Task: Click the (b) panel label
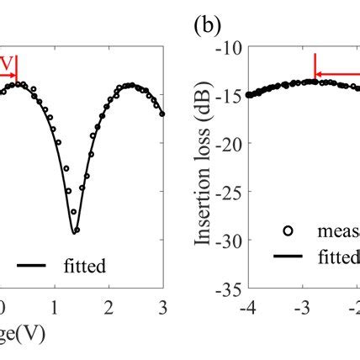click(x=206, y=25)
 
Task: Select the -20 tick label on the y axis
click(x=228, y=144)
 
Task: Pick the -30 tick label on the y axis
click(x=228, y=241)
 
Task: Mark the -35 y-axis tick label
click(x=228, y=290)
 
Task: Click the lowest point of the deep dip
click(x=75, y=231)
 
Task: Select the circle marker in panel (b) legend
click(x=290, y=230)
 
